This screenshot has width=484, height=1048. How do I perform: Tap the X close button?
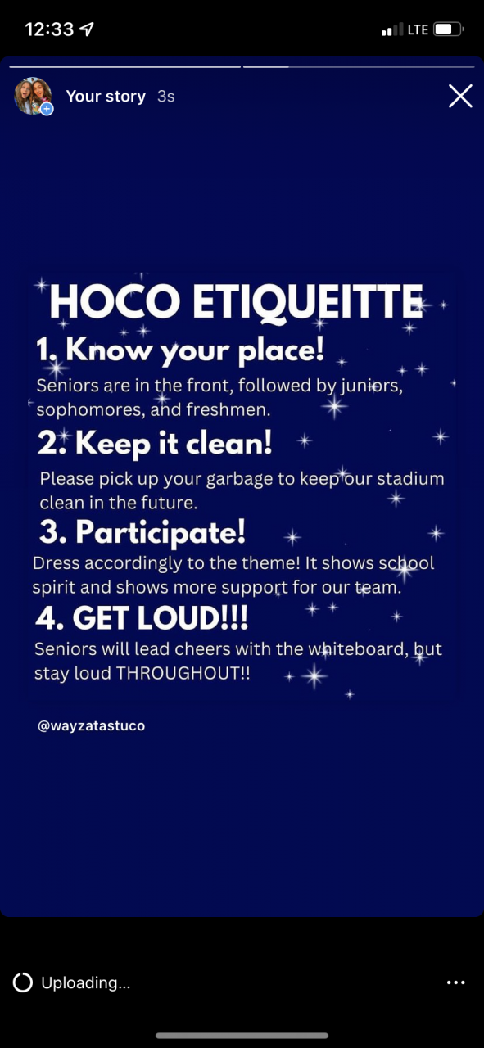click(x=460, y=96)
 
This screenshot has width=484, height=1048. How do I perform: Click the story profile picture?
click(x=33, y=96)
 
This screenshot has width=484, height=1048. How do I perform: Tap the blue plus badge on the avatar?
click(x=47, y=109)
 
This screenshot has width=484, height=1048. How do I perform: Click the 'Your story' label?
click(x=106, y=97)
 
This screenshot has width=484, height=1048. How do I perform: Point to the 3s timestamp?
click(x=165, y=97)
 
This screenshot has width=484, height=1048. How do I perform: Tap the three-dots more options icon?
click(x=456, y=982)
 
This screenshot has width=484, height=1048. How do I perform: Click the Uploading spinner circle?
click(x=22, y=982)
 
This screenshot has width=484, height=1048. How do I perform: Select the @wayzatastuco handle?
click(x=91, y=725)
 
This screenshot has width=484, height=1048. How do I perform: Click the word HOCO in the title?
click(x=115, y=302)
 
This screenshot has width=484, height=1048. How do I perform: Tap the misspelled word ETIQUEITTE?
click(x=308, y=303)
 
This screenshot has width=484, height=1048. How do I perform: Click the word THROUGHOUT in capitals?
click(x=178, y=673)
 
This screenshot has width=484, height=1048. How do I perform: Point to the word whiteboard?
click(x=355, y=649)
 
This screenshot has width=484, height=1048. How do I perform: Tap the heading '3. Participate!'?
click(x=142, y=533)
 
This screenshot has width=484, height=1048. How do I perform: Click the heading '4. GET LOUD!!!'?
click(x=142, y=617)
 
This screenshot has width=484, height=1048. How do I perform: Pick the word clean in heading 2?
click(x=228, y=444)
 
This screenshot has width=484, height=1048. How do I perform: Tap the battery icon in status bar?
click(x=449, y=29)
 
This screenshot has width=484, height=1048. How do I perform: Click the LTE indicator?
click(x=418, y=30)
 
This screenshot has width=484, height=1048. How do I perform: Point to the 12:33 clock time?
click(x=49, y=29)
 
